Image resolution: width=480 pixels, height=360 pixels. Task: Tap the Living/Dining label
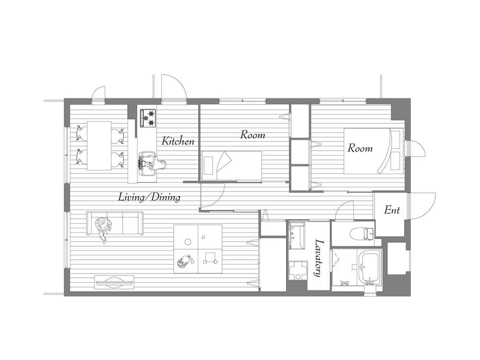[149, 197]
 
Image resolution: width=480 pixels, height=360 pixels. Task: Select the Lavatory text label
[319, 259]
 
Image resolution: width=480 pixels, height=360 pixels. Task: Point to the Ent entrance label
[392, 210]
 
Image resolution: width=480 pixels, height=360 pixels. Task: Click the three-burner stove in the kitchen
[148, 118]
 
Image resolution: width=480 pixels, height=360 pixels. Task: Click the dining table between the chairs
[99, 146]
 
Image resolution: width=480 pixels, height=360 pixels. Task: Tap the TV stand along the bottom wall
[115, 282]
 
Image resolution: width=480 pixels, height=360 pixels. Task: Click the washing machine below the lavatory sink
[299, 270]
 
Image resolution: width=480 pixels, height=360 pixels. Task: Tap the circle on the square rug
[188, 241]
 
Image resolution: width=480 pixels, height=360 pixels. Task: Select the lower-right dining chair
[118, 159]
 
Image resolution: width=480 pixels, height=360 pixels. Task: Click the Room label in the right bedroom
[360, 148]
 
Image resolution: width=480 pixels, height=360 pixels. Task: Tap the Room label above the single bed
[252, 135]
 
